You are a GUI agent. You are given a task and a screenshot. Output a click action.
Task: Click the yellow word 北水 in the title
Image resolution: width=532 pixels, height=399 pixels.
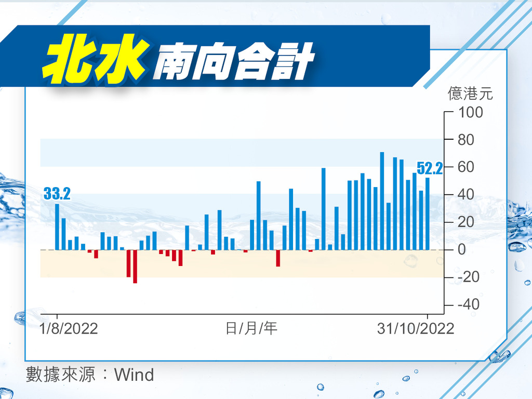click(96, 59)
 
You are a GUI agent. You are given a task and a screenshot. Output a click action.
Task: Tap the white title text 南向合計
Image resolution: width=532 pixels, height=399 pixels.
click(234, 62)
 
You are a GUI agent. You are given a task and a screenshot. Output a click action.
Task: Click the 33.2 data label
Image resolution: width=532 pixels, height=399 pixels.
click(57, 194)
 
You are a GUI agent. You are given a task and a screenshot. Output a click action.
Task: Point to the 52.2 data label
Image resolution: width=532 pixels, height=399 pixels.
click(430, 168)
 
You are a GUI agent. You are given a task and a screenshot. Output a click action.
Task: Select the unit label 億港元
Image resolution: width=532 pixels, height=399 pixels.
click(470, 94)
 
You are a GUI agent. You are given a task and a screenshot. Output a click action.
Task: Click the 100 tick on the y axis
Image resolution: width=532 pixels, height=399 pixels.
click(470, 112)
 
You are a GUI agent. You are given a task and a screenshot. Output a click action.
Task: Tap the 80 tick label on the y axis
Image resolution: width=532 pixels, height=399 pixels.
click(466, 140)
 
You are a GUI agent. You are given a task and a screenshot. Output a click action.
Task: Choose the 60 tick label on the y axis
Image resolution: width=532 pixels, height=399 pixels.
click(466, 167)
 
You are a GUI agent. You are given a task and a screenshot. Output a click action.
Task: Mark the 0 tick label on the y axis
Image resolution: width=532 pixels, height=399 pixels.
click(462, 250)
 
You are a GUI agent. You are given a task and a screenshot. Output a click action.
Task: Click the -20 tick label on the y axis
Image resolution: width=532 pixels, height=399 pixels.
click(468, 277)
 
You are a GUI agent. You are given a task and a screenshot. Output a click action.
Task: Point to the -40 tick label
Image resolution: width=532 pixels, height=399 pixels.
click(468, 304)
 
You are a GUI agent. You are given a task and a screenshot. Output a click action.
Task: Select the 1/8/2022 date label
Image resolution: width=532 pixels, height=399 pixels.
click(69, 329)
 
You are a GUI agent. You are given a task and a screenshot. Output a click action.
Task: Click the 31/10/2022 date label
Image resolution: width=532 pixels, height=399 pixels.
click(416, 329)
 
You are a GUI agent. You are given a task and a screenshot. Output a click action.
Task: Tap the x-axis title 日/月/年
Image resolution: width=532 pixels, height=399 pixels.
click(251, 328)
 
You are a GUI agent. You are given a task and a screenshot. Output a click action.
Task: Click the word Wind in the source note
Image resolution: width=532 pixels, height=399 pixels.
click(134, 375)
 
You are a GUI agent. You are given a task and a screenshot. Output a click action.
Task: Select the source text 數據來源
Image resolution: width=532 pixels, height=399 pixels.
click(60, 375)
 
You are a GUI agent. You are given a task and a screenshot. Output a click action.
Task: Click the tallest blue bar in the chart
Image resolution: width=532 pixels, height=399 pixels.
click(382, 201)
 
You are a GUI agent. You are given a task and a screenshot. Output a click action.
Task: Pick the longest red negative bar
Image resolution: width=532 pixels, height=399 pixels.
click(135, 267)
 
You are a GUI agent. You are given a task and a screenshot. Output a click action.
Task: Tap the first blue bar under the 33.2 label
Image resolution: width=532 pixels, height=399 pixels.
click(57, 227)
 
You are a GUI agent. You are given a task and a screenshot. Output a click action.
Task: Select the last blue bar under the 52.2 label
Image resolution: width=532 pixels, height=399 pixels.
click(428, 214)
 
